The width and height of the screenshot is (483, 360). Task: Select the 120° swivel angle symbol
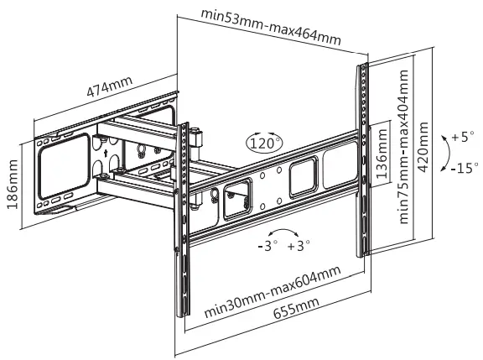pos(265,143)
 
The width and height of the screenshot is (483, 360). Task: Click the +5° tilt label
pos(461,136)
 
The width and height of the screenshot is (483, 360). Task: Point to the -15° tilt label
pos(462,167)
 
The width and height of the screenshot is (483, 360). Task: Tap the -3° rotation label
pos(268,246)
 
